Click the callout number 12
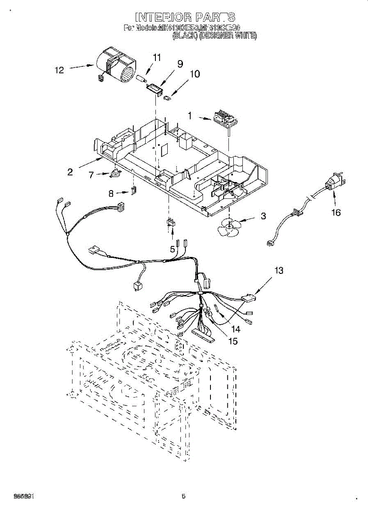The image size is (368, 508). pos(59,70)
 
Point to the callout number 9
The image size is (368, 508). pos(180,64)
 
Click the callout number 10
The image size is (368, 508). pos(194,74)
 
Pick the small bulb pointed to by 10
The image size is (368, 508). pos(167,98)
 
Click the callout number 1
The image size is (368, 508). pos(190,115)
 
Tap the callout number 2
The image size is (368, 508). pos(70,172)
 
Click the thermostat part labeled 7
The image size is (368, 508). pos(115,173)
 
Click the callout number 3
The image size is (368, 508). pos(263,216)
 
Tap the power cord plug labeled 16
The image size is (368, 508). pos(335,183)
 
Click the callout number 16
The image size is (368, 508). pos(335,213)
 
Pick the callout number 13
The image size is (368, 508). pos(279,270)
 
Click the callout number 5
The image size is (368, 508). pos(172,249)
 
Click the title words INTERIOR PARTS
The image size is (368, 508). pos(185,17)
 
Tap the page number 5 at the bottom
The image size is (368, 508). pos(183,497)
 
